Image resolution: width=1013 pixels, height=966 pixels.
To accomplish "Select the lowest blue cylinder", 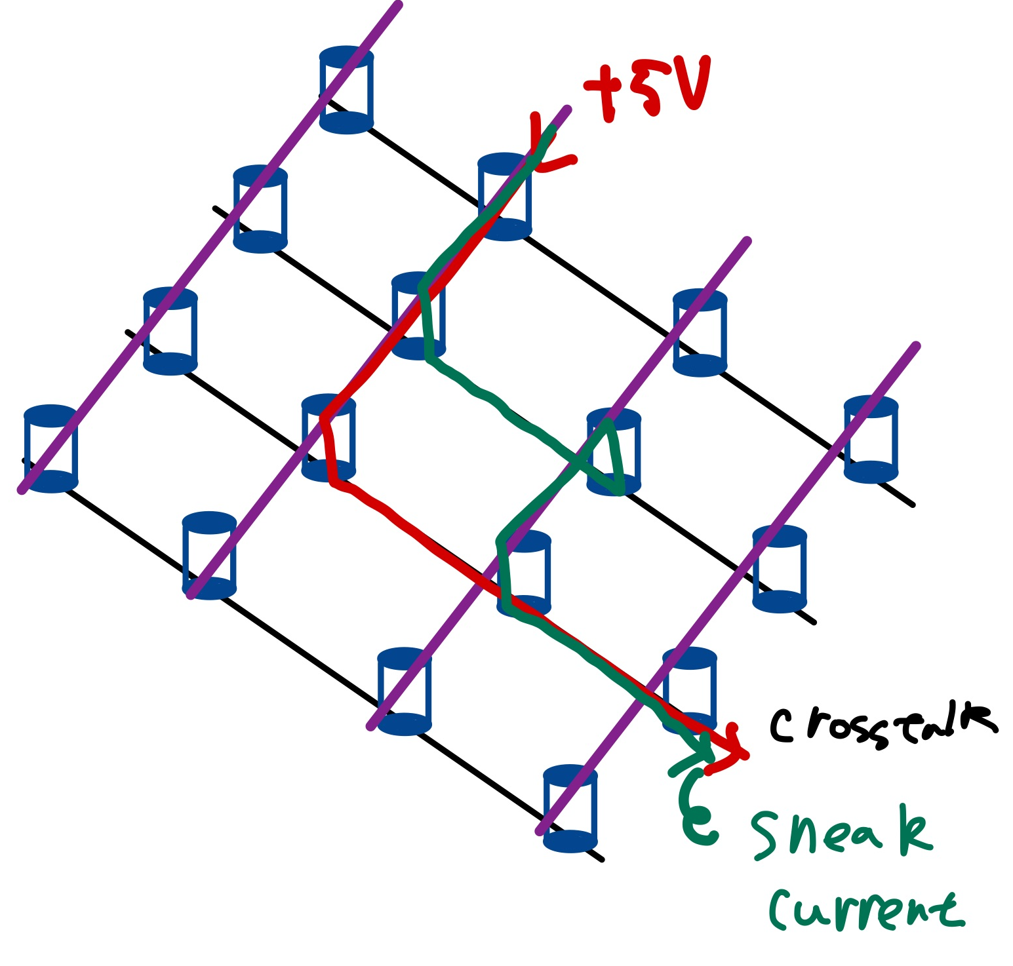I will pyautogui.click(x=570, y=808).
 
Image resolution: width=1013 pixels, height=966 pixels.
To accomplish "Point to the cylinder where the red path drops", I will pyautogui.click(x=328, y=438).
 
